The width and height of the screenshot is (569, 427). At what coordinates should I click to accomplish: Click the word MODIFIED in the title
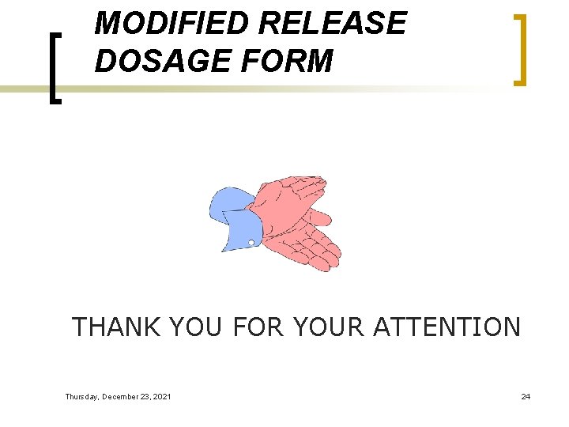(172, 24)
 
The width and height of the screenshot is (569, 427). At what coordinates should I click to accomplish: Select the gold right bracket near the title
(519, 49)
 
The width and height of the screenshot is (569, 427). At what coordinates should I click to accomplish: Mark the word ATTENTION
(447, 327)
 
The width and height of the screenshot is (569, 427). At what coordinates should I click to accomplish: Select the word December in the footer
(122, 396)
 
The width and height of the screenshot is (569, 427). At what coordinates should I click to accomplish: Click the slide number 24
(526, 396)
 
